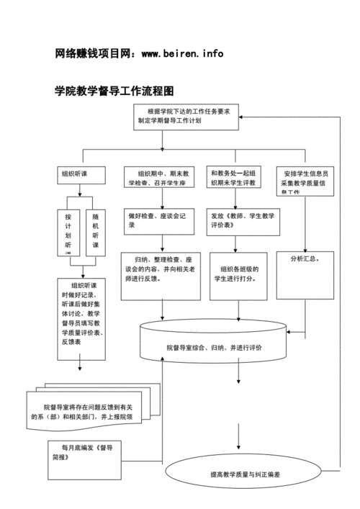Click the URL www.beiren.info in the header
(x=182, y=53)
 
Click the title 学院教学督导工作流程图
(x=114, y=91)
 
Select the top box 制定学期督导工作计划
(x=186, y=117)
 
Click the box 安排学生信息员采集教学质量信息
(x=305, y=179)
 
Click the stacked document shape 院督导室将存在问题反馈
(x=86, y=410)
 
